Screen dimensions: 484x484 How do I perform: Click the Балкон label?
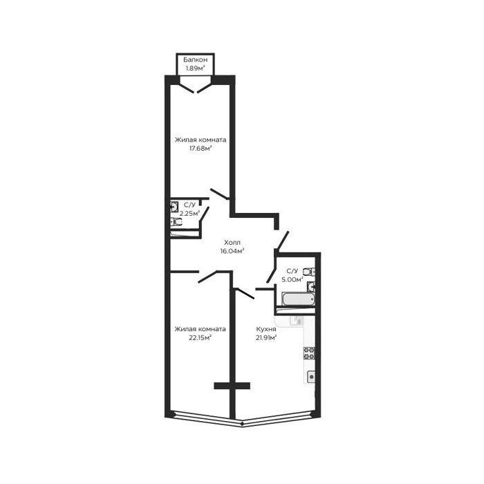(195, 59)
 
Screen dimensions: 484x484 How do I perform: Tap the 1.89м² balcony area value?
(196, 68)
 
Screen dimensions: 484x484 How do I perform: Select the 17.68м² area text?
(201, 149)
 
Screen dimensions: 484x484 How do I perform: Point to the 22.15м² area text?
(200, 337)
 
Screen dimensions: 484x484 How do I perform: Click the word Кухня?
(266, 329)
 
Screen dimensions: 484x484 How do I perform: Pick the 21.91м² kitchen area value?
(266, 337)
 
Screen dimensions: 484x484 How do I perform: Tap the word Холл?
(232, 242)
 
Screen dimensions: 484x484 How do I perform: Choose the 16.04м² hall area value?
(232, 251)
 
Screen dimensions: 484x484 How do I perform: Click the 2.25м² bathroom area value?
(189, 213)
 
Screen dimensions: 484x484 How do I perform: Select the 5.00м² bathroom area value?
(292, 279)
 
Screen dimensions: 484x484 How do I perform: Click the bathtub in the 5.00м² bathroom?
(299, 299)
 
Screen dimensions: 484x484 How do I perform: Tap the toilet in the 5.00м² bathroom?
(309, 272)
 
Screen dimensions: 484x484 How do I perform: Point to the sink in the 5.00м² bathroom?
(311, 287)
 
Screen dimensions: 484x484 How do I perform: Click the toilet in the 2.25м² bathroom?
(176, 222)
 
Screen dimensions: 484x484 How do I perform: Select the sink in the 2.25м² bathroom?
(174, 207)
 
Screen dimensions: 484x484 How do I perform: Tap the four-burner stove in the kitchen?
(309, 353)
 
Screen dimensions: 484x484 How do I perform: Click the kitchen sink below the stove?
(311, 377)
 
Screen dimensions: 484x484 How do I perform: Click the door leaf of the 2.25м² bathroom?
(205, 214)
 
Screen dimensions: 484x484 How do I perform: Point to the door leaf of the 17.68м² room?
(220, 194)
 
